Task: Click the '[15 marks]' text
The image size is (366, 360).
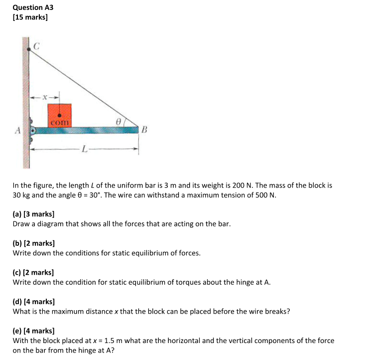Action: pyautogui.click(x=30, y=18)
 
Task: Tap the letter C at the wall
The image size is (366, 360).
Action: pyautogui.click(x=36, y=46)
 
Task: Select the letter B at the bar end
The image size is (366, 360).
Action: pyautogui.click(x=145, y=131)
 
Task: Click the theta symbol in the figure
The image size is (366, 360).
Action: pyautogui.click(x=118, y=121)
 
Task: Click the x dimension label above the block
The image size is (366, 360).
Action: pyautogui.click(x=45, y=97)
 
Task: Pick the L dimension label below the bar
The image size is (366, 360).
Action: pyautogui.click(x=85, y=149)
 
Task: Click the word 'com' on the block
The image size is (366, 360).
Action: pyautogui.click(x=59, y=122)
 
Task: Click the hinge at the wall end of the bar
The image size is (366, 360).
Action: pyautogui.click(x=33, y=131)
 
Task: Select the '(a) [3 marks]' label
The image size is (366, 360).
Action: pyautogui.click(x=33, y=214)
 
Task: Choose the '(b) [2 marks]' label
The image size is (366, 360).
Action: pyautogui.click(x=33, y=243)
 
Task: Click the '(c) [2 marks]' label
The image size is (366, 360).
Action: pyautogui.click(x=33, y=273)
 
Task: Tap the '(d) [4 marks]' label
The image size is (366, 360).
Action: pyautogui.click(x=33, y=302)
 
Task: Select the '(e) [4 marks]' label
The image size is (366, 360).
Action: pyautogui.click(x=33, y=331)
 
